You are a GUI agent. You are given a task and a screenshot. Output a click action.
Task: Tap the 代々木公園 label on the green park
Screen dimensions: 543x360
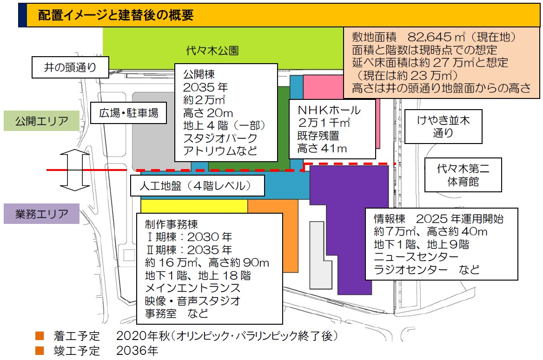point(205,50)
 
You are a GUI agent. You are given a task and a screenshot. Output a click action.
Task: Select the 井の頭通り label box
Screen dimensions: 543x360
point(70,67)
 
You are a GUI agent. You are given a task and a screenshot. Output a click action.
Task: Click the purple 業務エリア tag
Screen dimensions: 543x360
point(42,214)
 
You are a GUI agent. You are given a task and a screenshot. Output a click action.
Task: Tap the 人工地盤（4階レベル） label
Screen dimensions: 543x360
point(197,186)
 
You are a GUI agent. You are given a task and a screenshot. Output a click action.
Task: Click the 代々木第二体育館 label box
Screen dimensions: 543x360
point(463,176)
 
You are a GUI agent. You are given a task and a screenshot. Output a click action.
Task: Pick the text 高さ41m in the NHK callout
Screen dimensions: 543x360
point(322,149)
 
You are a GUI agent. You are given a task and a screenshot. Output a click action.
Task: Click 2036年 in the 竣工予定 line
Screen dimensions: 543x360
point(137,350)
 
